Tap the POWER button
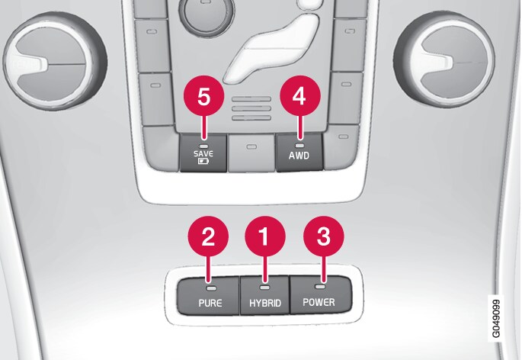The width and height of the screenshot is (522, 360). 322,294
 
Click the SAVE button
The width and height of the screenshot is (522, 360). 203,153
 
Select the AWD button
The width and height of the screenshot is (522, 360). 299,153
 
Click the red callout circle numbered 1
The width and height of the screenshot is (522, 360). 265,236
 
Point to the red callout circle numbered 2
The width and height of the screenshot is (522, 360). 208,236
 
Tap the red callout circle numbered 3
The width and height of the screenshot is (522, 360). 323,236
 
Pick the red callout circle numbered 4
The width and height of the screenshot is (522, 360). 300,96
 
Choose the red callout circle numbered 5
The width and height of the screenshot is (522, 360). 203,97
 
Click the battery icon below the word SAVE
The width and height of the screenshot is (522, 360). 203,162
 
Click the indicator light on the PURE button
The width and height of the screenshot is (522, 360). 211,288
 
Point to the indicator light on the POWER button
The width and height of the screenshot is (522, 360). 320,286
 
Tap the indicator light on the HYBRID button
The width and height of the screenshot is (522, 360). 264,287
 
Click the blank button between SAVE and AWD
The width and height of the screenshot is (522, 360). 251,153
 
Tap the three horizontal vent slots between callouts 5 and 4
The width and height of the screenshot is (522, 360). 251,108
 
